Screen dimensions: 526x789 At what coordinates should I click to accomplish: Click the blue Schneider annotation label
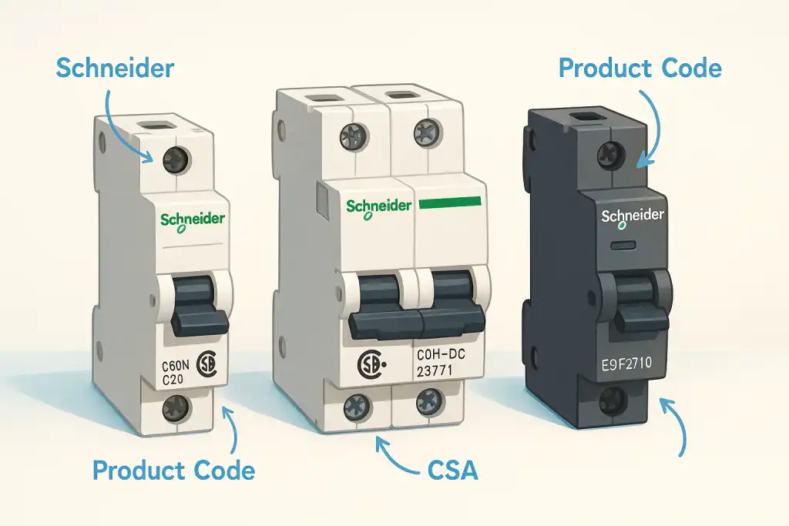coord(116,69)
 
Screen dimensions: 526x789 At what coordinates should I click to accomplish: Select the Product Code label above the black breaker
coord(640,69)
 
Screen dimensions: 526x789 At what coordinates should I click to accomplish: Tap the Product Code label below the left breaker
coord(173,470)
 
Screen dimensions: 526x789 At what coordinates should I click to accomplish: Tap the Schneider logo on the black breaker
coord(632,216)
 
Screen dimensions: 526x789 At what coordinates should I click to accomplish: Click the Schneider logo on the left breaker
coord(193,220)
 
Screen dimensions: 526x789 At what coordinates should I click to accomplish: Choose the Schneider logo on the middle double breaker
coord(378,207)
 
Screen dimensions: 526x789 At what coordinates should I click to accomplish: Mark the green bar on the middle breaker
coord(450,203)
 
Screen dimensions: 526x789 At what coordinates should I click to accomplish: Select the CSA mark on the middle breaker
coord(371,364)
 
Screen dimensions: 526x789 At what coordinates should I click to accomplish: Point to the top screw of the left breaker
coord(174,161)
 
